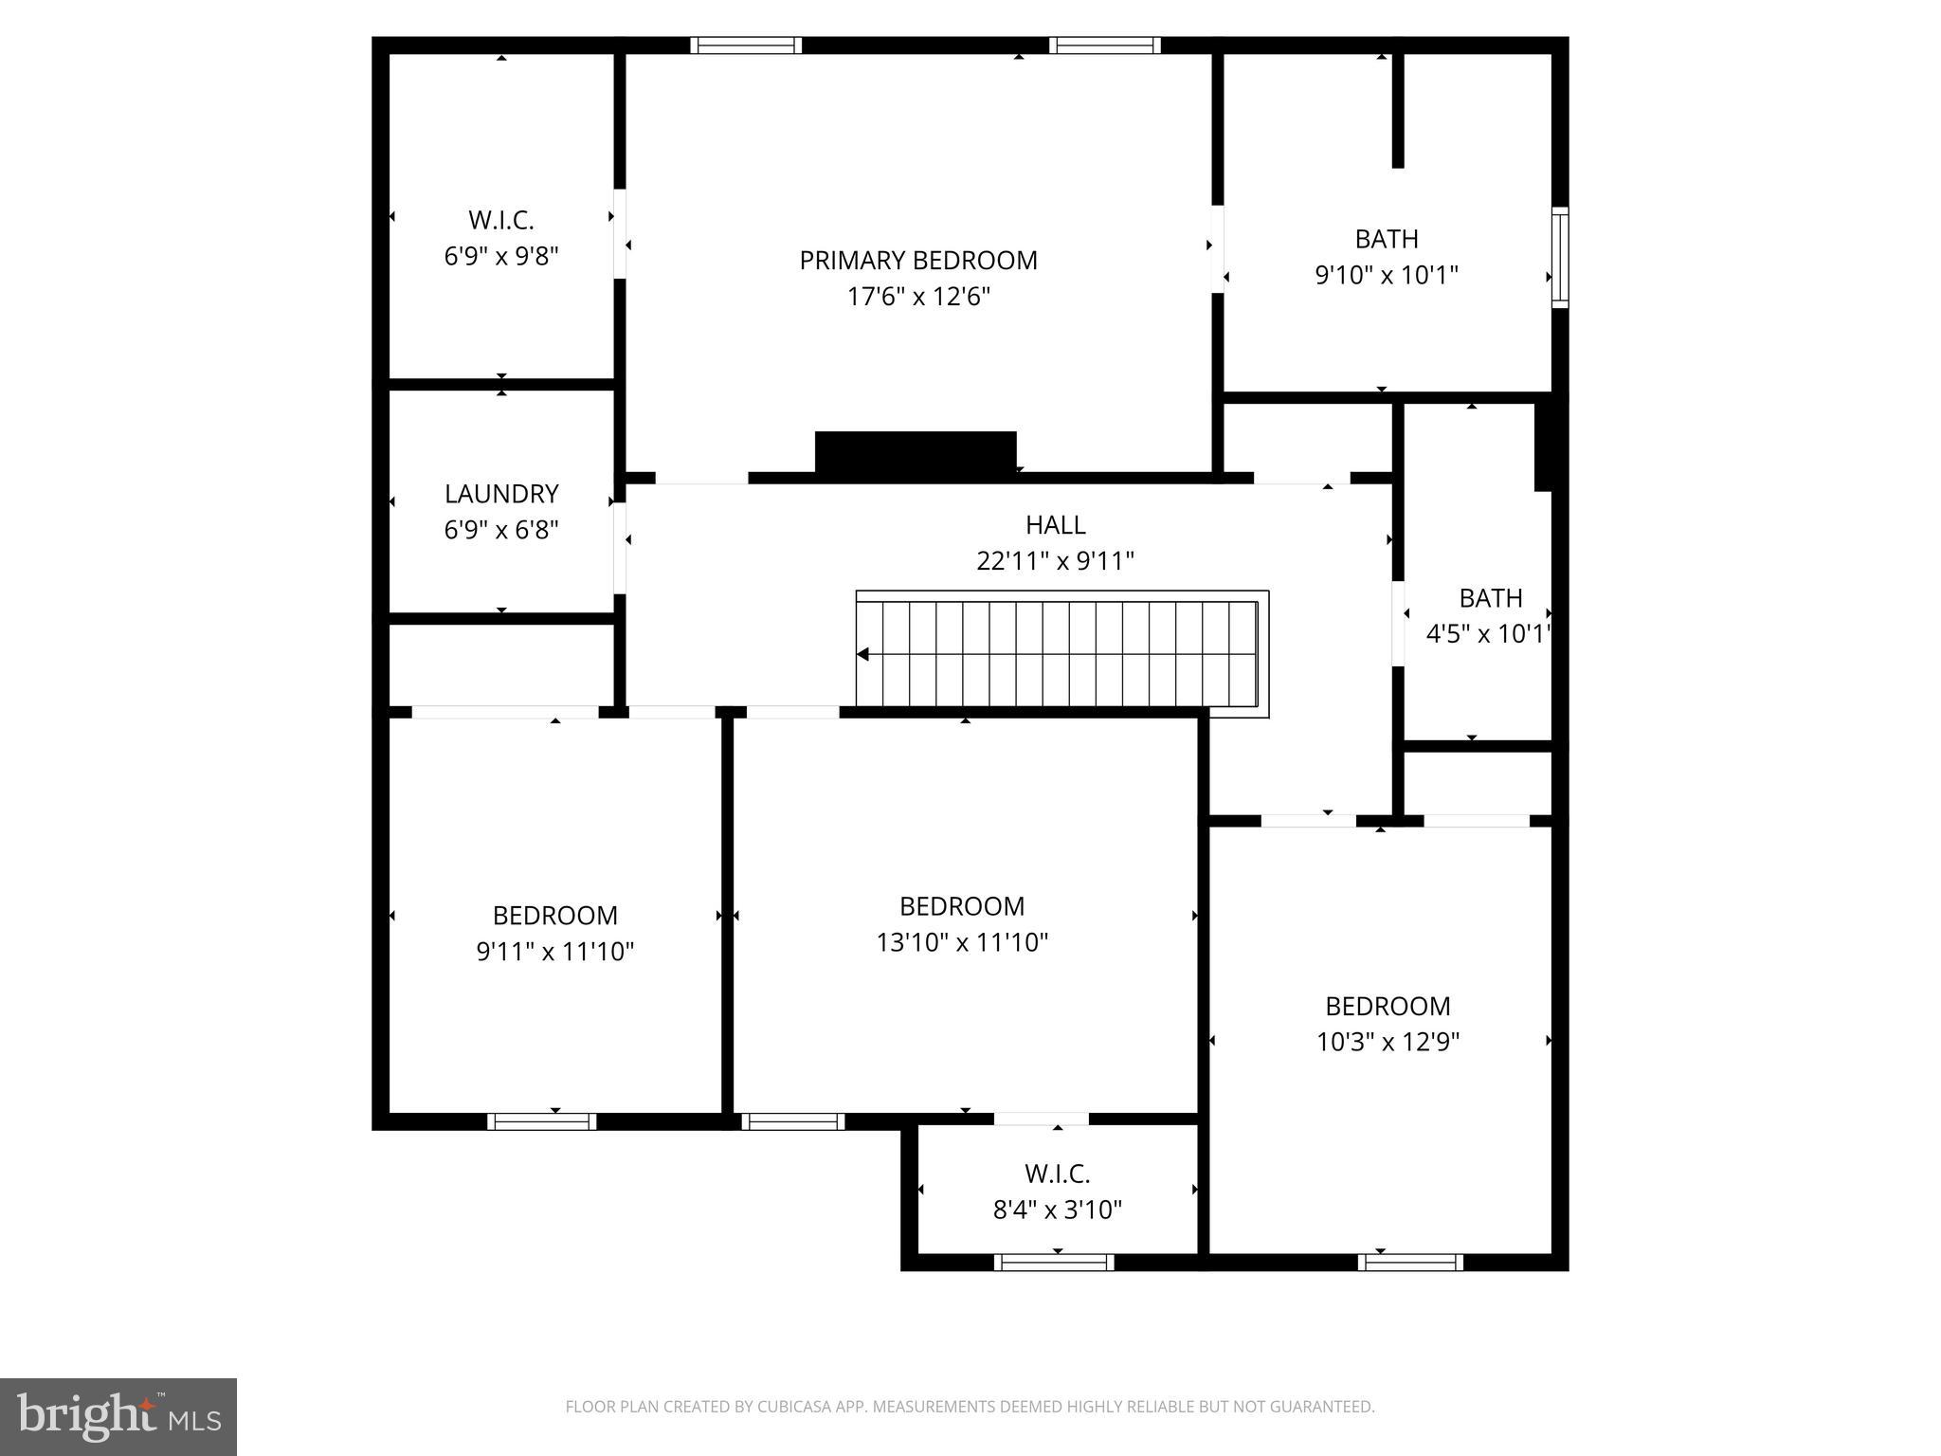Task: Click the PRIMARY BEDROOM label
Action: pos(917,260)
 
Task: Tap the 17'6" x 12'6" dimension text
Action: pos(917,297)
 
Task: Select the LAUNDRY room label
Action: pos(501,494)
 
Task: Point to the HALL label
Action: pos(1055,524)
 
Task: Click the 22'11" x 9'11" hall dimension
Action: pos(1055,561)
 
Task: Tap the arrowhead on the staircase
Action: pos(863,654)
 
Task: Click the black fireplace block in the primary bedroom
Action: pos(915,452)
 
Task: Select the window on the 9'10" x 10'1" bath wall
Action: pos(1559,257)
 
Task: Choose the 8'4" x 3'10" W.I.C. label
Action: pos(1057,1210)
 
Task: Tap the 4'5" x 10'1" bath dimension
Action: pos(1488,633)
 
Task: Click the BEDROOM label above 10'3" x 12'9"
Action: pos(1387,1006)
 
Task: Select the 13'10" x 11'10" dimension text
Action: pos(962,942)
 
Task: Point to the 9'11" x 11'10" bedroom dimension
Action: pos(554,951)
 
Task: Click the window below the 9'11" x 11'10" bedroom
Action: pos(542,1121)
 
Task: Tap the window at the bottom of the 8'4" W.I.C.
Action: pos(1054,1262)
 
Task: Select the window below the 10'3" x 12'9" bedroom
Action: pos(1410,1262)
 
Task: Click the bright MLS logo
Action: pos(118,1417)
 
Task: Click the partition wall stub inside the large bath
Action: pos(1397,111)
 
